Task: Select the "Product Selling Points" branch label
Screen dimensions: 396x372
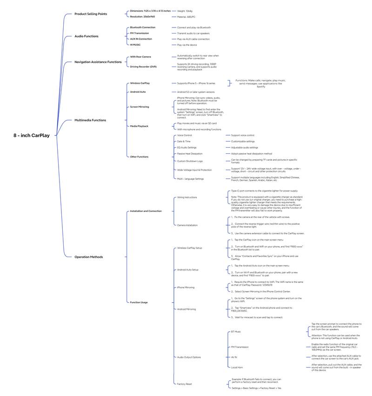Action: pyautogui.click(x=91, y=14)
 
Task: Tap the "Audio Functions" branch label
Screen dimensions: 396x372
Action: pyautogui.click(x=86, y=36)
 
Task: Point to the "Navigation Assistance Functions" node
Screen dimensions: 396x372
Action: pyautogui.click(x=98, y=61)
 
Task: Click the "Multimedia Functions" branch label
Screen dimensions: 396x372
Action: pyautogui.click(x=90, y=120)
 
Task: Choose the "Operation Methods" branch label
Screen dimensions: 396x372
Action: pyautogui.click(x=89, y=257)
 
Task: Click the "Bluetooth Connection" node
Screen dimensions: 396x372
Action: pyautogui.click(x=143, y=27)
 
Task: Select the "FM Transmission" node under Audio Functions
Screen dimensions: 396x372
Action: pyautogui.click(x=139, y=33)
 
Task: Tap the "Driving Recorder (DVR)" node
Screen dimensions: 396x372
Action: pyautogui.click(x=143, y=67)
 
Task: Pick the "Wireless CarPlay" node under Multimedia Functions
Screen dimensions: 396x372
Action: pyautogui.click(x=140, y=83)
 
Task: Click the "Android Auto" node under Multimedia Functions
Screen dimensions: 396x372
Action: pyautogui.click(x=139, y=92)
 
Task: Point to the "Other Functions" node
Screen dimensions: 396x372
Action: pyautogui.click(x=139, y=157)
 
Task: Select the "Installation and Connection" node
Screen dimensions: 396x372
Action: pyautogui.click(x=146, y=211)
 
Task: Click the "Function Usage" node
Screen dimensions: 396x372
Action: pyautogui.click(x=139, y=302)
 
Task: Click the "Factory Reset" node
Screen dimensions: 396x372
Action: pyautogui.click(x=185, y=384)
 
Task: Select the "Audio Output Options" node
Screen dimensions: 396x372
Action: pyautogui.click(x=189, y=357)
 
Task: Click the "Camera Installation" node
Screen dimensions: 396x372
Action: pyautogui.click(x=187, y=225)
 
